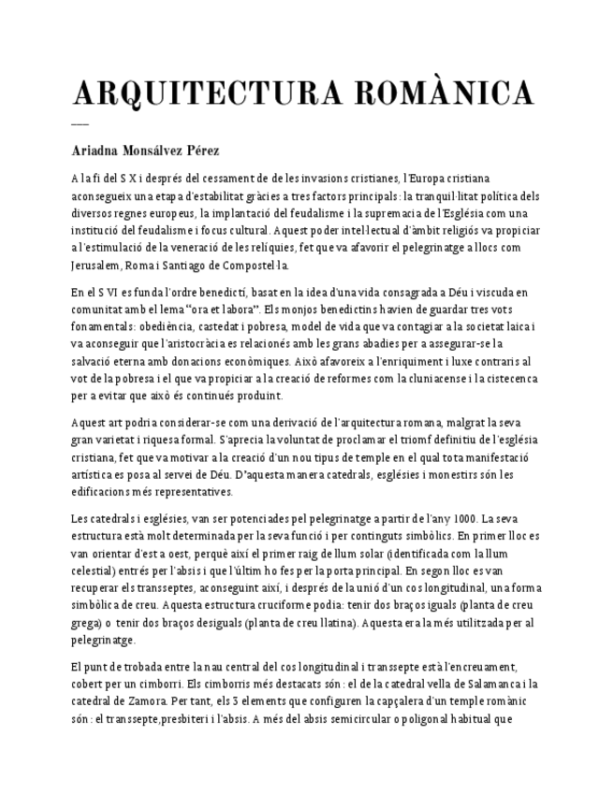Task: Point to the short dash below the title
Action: [x=80, y=124]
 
